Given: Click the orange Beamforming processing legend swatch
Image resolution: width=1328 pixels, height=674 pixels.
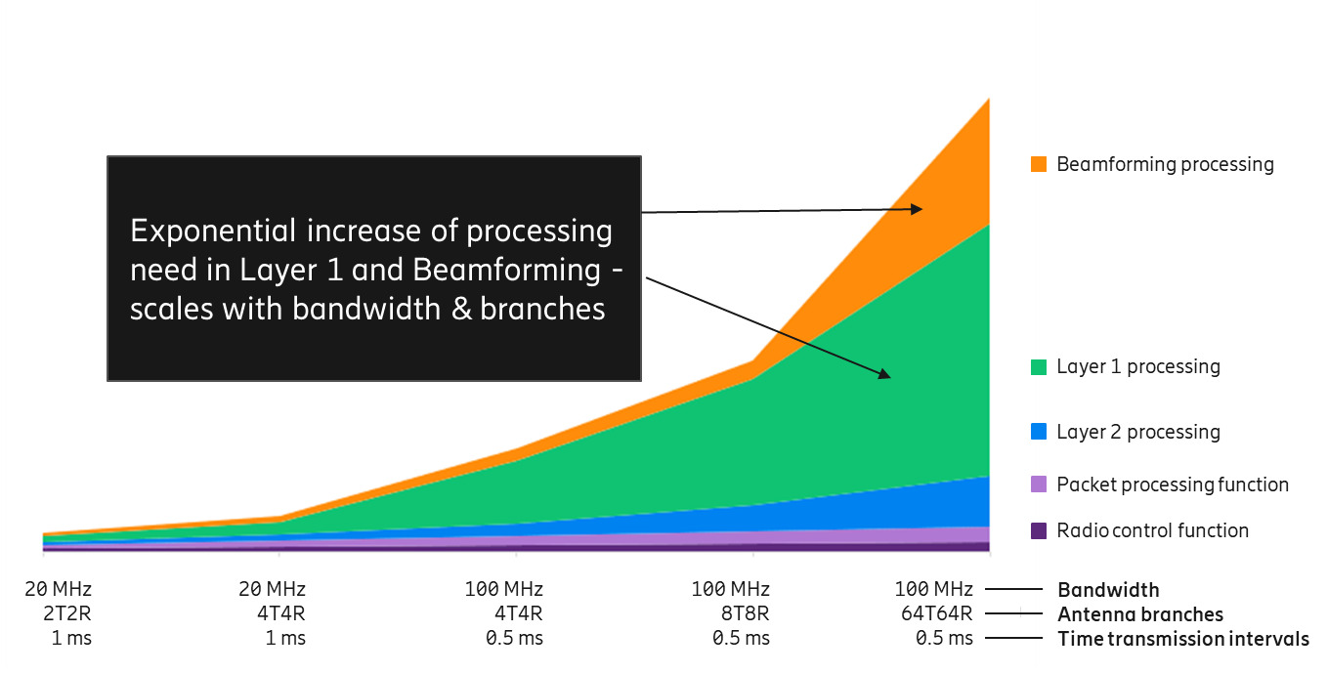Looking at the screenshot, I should coord(1039,164).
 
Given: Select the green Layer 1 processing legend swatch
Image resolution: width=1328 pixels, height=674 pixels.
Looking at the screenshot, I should coord(1039,367).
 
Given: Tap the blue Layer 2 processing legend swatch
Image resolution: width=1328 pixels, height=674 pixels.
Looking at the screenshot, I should coord(1039,432).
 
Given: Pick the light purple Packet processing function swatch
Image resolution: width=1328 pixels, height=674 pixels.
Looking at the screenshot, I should coord(1039,484).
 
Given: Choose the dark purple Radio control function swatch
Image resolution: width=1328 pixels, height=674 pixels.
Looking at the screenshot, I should coord(1039,530).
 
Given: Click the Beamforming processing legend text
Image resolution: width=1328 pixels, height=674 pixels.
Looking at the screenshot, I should coord(1165,164).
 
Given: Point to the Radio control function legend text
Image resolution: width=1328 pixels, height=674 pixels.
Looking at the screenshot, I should coord(1152,530).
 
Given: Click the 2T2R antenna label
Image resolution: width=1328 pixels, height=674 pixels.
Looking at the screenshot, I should coord(67,613).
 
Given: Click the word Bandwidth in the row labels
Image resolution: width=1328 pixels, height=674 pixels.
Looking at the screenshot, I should coord(1108,590).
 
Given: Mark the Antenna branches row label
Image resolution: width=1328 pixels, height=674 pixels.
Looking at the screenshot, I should coord(1140,614).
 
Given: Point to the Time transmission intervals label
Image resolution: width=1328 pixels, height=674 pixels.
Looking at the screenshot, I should coord(1183,639).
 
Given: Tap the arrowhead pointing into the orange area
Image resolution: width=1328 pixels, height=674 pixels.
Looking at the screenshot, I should coord(917,208).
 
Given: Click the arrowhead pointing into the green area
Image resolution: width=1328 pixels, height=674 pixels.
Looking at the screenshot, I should coord(884,373).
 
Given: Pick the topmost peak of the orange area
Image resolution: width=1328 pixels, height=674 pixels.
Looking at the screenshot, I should coord(989,100).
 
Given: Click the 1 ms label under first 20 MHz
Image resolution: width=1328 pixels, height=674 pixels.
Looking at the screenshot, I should coord(71,638).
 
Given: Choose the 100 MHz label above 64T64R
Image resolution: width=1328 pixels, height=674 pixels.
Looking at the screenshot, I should coord(933,589).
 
